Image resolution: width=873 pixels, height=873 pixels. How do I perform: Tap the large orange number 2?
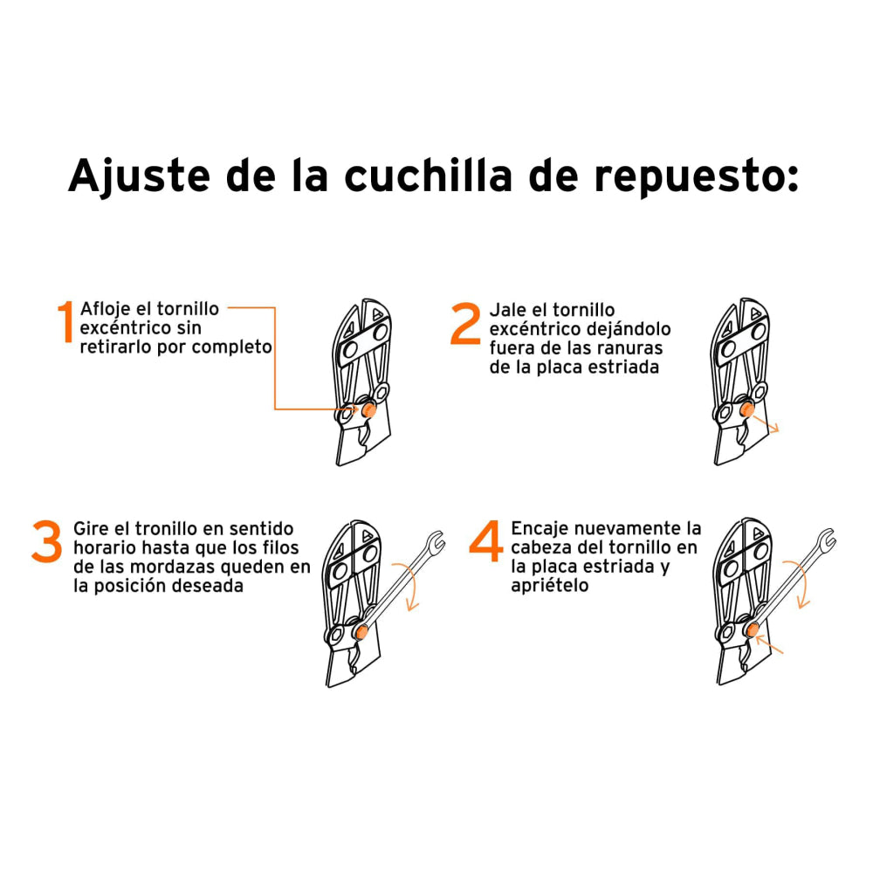click(x=465, y=324)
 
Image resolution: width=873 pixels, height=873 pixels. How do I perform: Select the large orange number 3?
click(x=46, y=542)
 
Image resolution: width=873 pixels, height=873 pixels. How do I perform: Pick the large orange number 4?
click(x=486, y=542)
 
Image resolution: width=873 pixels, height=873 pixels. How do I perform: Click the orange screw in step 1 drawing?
click(x=368, y=409)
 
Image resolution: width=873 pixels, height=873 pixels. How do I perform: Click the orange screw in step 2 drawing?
click(x=748, y=410)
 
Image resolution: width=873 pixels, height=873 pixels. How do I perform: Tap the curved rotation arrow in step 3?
click(x=412, y=589)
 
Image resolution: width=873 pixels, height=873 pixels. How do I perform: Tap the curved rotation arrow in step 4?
click(x=801, y=583)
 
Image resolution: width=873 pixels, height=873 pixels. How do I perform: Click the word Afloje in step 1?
click(x=103, y=310)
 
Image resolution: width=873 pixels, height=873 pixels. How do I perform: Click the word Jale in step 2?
click(x=505, y=310)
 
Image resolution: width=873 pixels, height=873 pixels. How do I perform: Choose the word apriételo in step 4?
click(x=550, y=586)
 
